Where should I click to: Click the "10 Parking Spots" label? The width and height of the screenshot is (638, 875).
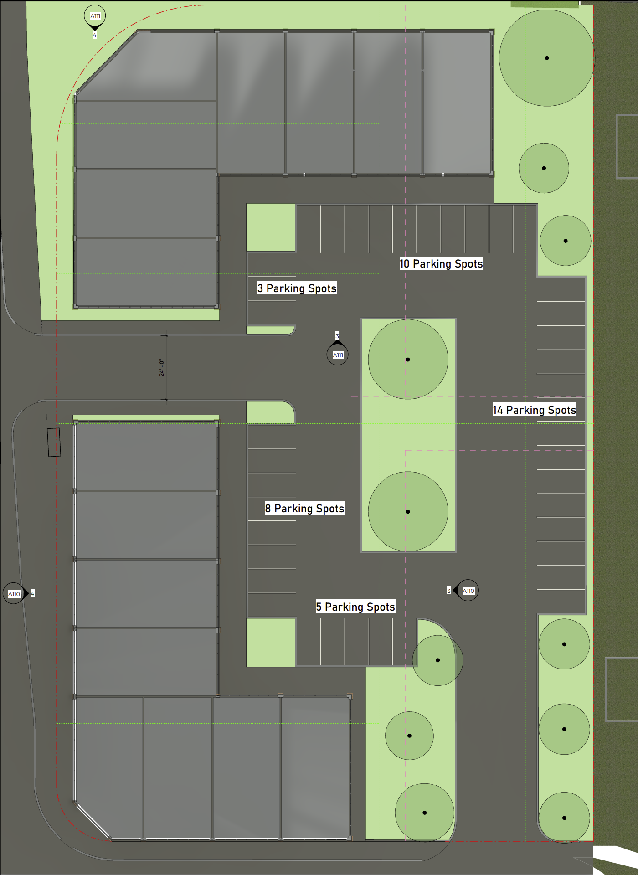[441, 264]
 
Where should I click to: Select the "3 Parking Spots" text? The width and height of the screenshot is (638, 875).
[297, 288]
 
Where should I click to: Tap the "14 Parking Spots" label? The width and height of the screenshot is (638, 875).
[534, 410]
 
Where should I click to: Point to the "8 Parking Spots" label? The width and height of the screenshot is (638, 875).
[304, 508]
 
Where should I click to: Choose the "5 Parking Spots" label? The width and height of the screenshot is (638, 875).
[355, 607]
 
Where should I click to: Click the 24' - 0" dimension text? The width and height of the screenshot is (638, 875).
[161, 367]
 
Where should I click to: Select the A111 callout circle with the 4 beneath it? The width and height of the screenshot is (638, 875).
[95, 16]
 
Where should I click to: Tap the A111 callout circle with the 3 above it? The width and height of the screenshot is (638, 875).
[338, 355]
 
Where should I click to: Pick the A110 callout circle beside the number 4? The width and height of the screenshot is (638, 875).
[14, 593]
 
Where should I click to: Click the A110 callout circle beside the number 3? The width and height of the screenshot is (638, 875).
[468, 591]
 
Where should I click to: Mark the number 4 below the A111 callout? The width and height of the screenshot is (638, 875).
[94, 35]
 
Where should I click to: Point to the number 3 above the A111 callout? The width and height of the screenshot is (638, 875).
[337, 336]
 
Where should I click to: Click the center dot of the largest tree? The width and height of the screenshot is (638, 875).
[547, 58]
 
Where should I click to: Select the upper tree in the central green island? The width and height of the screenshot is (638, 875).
[408, 360]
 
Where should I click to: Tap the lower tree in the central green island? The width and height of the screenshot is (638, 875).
[408, 511]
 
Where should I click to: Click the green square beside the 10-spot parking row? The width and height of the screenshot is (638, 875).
[271, 227]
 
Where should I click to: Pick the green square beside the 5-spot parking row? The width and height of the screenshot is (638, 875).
[271, 642]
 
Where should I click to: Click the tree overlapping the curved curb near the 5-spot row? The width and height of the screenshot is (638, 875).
[437, 660]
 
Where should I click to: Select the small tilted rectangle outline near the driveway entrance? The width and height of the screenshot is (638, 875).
[54, 442]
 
